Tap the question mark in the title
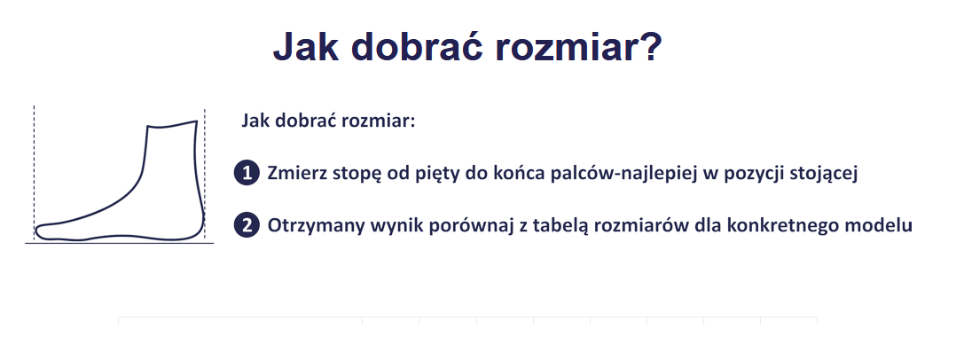[649, 46]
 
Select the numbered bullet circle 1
[247, 173]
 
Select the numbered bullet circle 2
[247, 225]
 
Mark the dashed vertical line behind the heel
[205, 174]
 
